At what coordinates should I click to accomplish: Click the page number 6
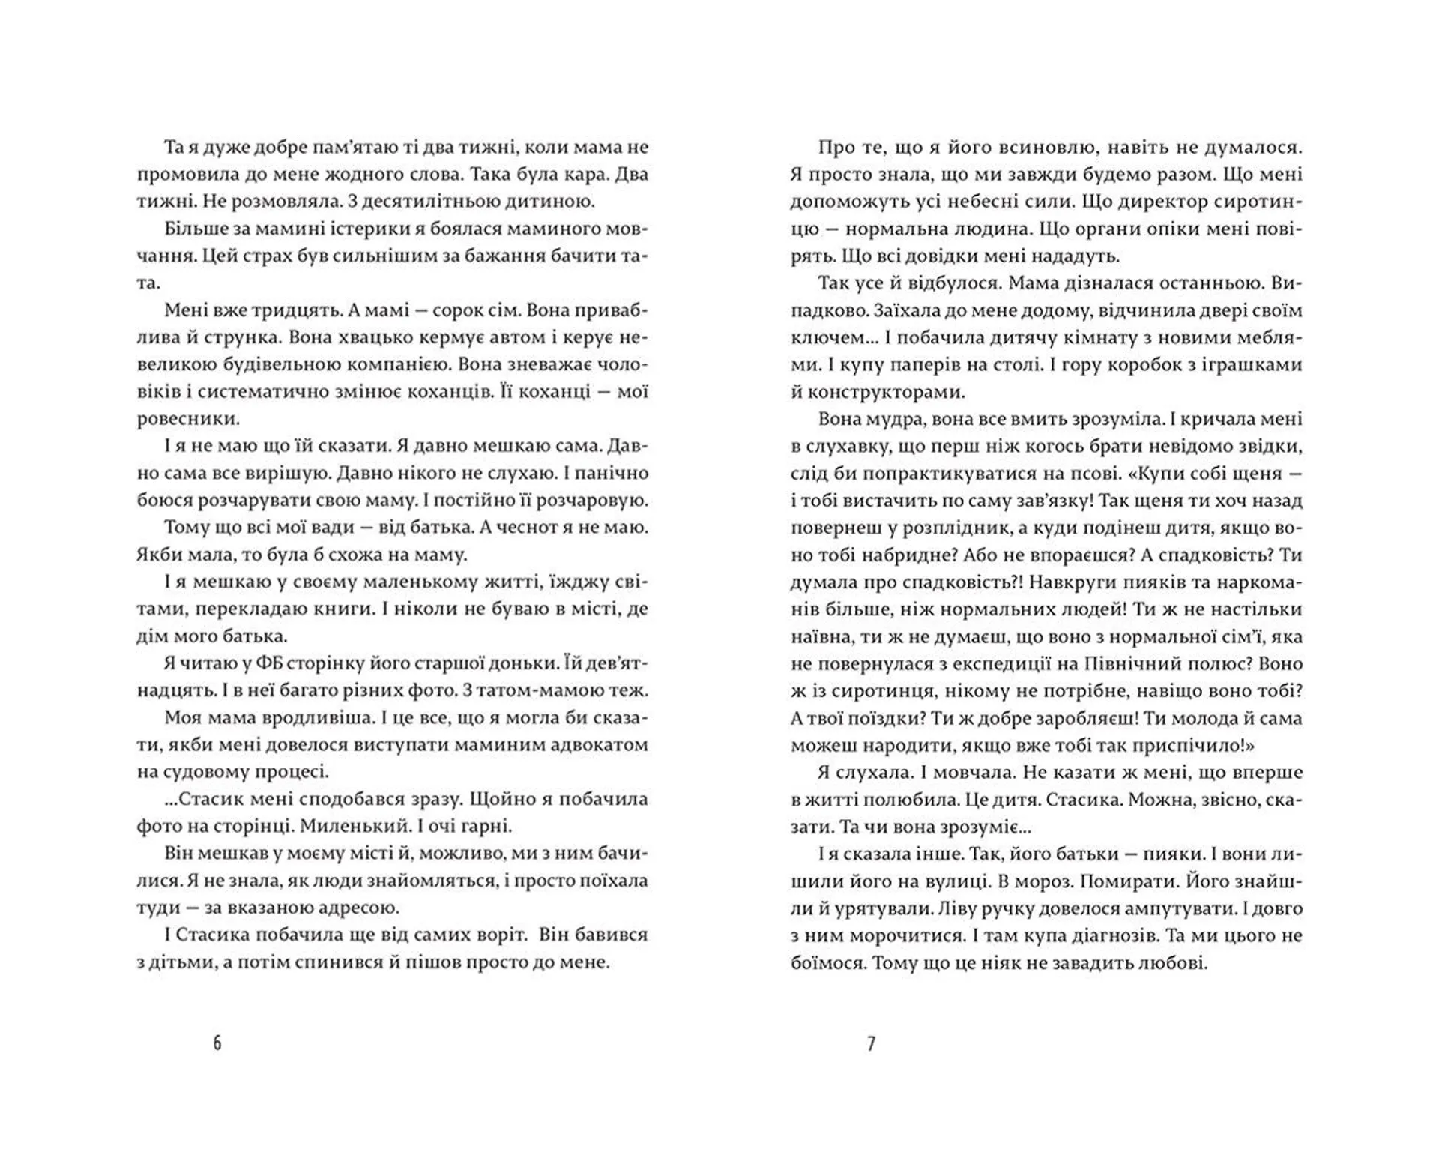[x=217, y=1043]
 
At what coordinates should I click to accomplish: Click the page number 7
[x=871, y=1043]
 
